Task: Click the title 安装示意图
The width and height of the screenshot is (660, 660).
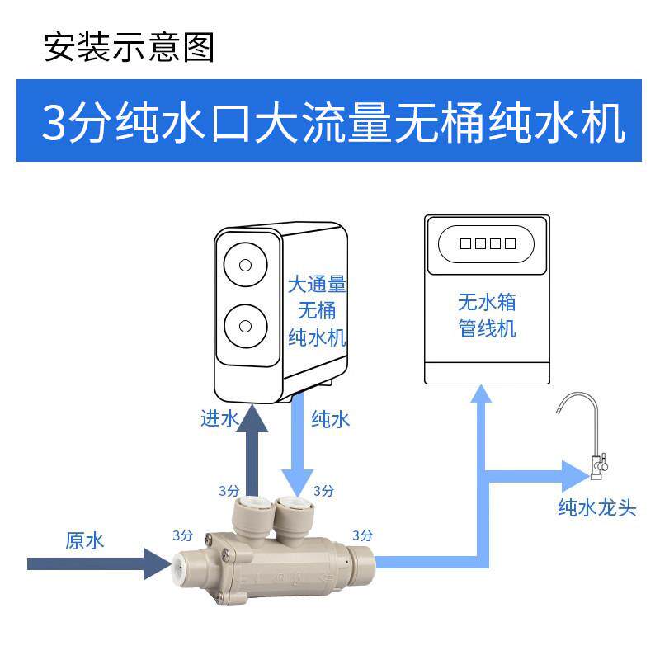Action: click(x=129, y=47)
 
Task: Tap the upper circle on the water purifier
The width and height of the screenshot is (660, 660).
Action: click(x=246, y=266)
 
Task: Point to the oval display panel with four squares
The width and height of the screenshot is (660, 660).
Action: click(x=488, y=243)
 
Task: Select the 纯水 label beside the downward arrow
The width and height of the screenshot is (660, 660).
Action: click(x=331, y=420)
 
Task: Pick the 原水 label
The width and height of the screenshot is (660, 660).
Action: click(x=85, y=541)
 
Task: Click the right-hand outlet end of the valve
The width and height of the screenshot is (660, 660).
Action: click(x=363, y=565)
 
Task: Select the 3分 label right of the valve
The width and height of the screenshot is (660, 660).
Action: click(x=362, y=534)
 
